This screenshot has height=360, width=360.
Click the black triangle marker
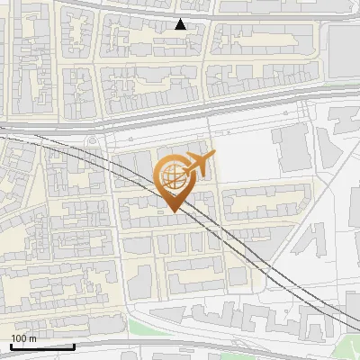(x=181, y=24)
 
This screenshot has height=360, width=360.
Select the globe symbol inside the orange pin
(x=170, y=175)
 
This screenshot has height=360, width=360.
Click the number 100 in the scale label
(x=19, y=338)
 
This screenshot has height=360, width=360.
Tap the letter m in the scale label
(x=32, y=338)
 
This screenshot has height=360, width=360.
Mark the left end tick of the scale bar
(x=11, y=345)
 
